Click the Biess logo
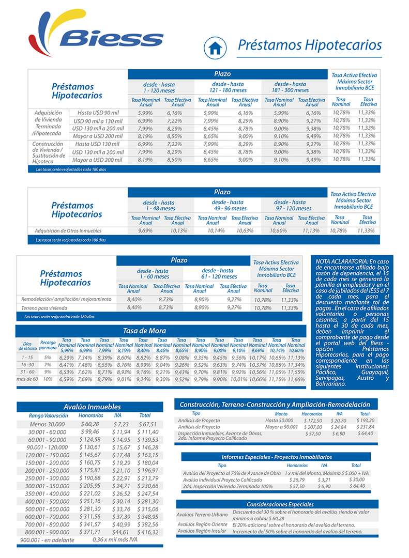(x=96, y=33)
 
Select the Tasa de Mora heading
(x=144, y=331)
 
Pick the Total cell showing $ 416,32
(x=148, y=531)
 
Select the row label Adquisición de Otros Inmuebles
(x=68, y=230)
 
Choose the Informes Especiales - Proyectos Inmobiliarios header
(x=277, y=457)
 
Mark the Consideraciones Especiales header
(x=277, y=504)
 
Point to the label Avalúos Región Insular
(x=202, y=531)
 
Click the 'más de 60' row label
(x=27, y=379)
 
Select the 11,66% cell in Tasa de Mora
(x=296, y=379)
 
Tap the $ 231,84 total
(x=365, y=427)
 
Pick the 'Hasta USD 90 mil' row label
(x=98, y=113)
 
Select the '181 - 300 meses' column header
(x=291, y=90)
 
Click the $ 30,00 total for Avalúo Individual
(x=357, y=479)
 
